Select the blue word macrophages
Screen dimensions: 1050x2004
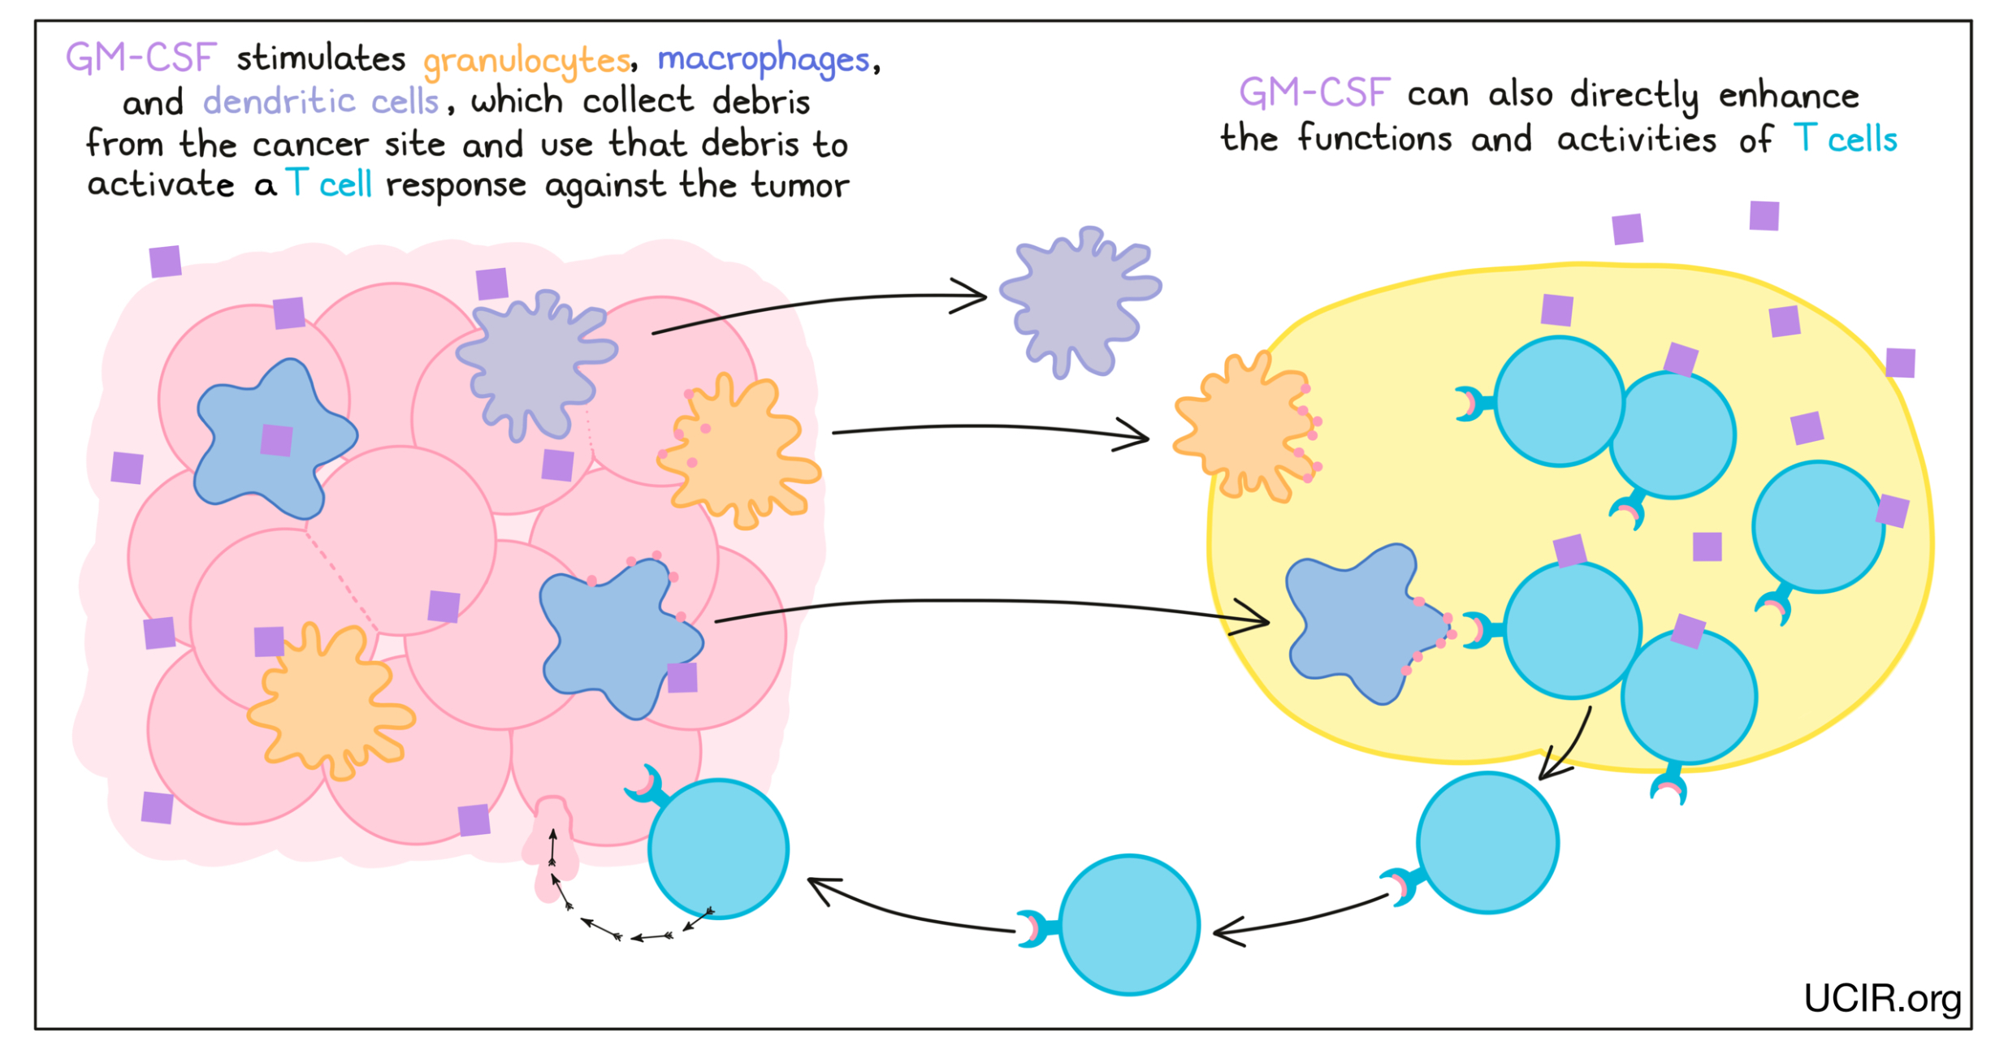tap(763, 59)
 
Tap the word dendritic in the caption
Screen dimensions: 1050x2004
tap(279, 102)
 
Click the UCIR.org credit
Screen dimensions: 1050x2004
tap(1881, 998)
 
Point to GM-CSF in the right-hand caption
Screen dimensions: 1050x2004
tap(1314, 93)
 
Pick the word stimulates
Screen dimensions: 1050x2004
tap(321, 59)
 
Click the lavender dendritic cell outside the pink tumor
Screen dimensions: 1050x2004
tap(1078, 301)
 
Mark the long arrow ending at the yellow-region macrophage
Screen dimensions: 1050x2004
tap(991, 603)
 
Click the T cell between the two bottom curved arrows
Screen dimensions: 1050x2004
tap(1129, 924)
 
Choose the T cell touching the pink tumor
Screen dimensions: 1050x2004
tap(718, 849)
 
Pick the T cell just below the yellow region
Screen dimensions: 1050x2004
tap(1487, 843)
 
